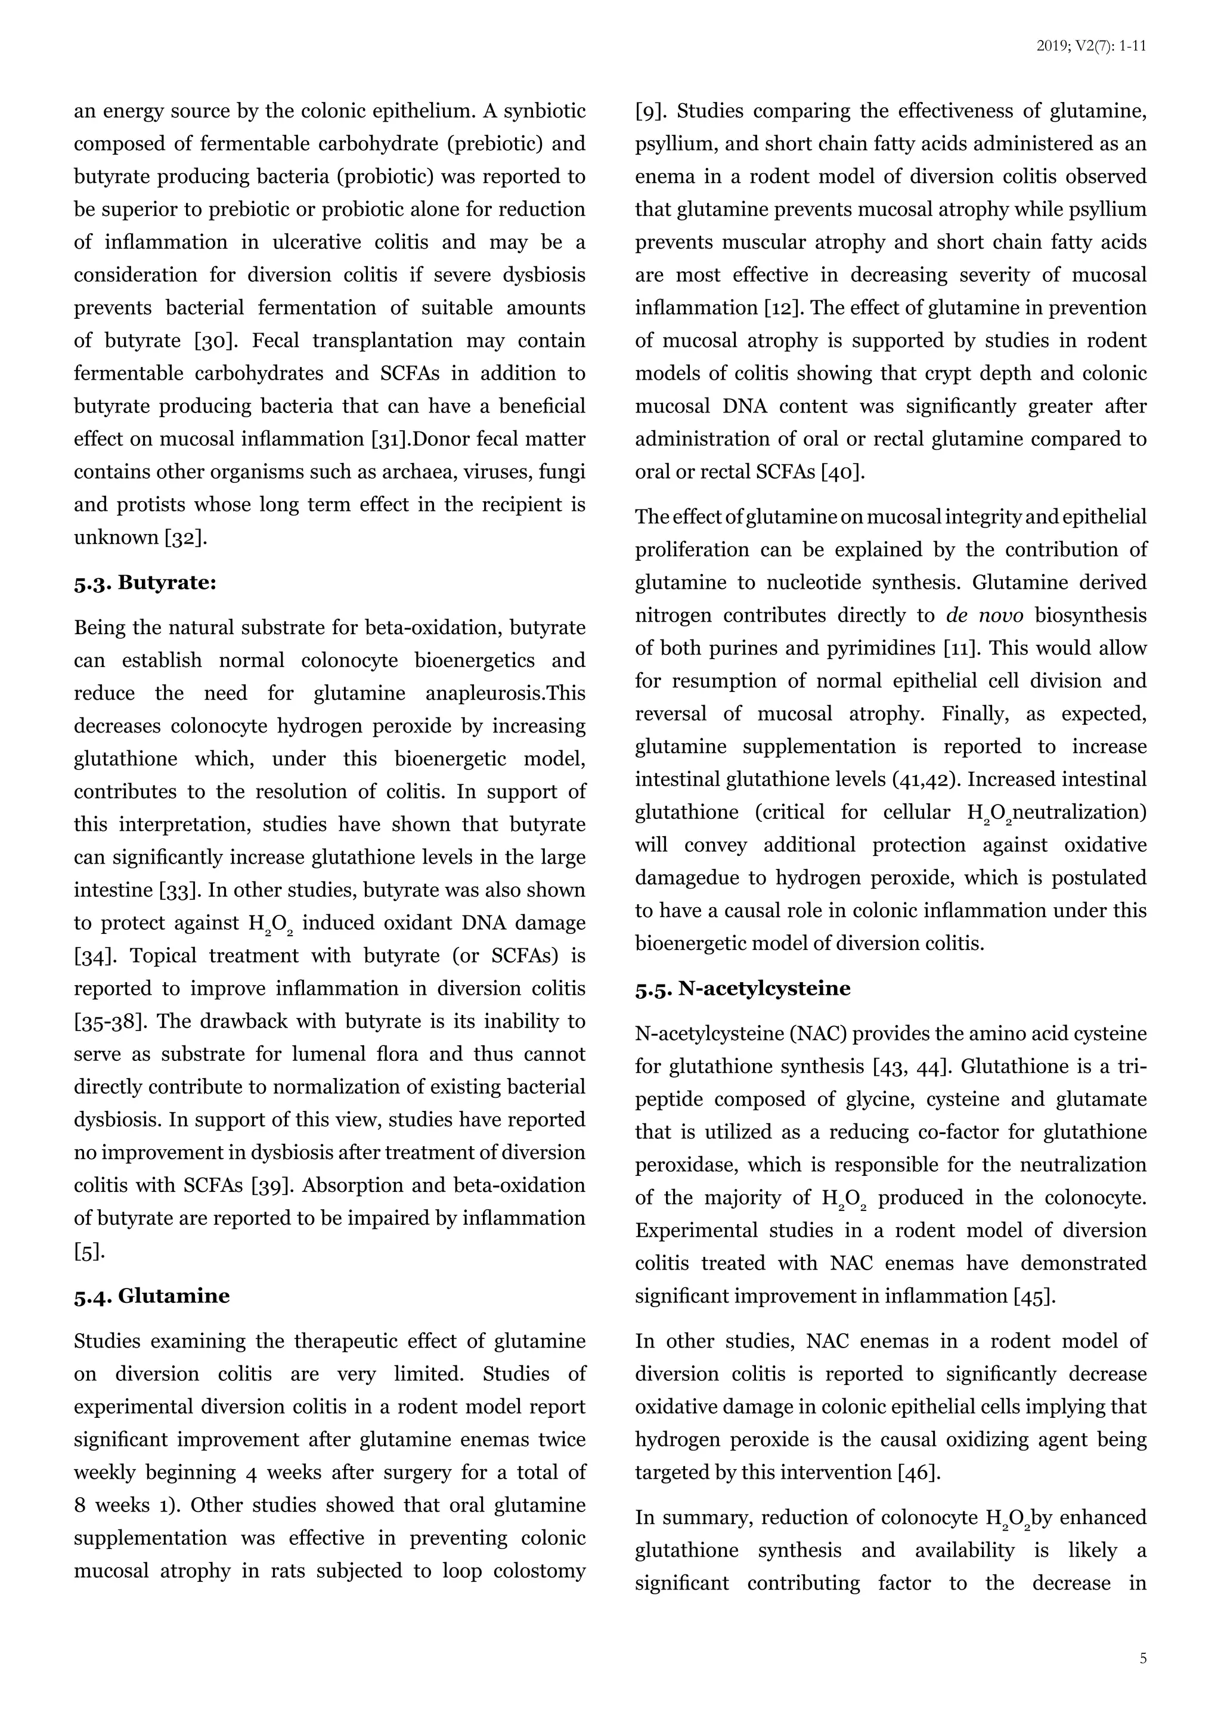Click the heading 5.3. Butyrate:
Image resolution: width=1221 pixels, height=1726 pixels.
[145, 583]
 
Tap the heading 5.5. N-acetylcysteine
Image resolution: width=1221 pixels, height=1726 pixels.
[742, 989]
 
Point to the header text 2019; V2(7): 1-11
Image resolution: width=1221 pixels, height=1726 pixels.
[1091, 46]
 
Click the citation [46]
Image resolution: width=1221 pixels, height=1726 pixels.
[919, 1473]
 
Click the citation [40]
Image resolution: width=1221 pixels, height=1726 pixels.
[843, 472]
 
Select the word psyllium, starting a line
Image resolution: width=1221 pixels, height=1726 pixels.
[668, 144]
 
